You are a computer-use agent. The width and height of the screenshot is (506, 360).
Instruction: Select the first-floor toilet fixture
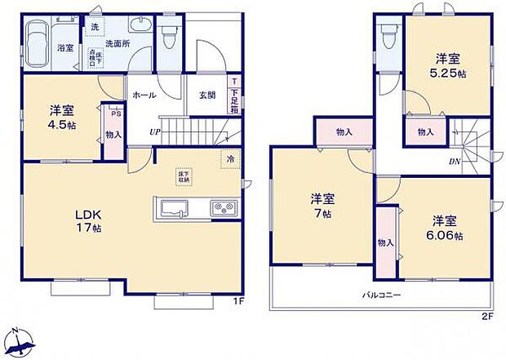click(168, 37)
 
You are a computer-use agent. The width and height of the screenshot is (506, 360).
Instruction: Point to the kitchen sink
click(173, 209)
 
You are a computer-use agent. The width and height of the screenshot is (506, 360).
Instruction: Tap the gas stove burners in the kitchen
click(223, 209)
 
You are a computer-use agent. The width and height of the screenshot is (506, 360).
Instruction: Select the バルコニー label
click(381, 295)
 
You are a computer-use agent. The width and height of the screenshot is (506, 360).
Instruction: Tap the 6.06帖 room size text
click(448, 236)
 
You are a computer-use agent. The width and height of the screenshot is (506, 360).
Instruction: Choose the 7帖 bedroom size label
click(325, 214)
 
